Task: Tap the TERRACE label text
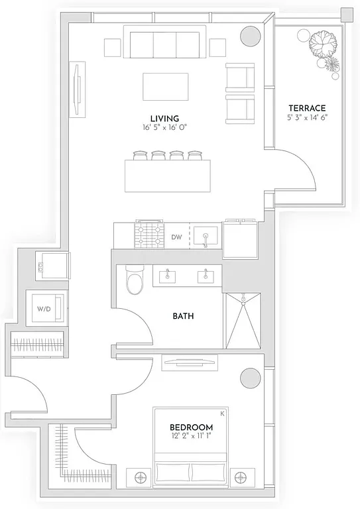[306, 108]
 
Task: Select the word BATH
[183, 316]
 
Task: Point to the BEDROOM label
[191, 427]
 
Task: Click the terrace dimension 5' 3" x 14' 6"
[306, 117]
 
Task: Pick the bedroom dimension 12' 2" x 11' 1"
[191, 437]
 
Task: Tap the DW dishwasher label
[176, 237]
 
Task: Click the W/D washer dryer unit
[47, 308]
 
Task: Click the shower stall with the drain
[243, 320]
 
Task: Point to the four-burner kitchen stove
[150, 235]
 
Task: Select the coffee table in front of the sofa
[166, 86]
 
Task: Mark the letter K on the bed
[223, 413]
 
